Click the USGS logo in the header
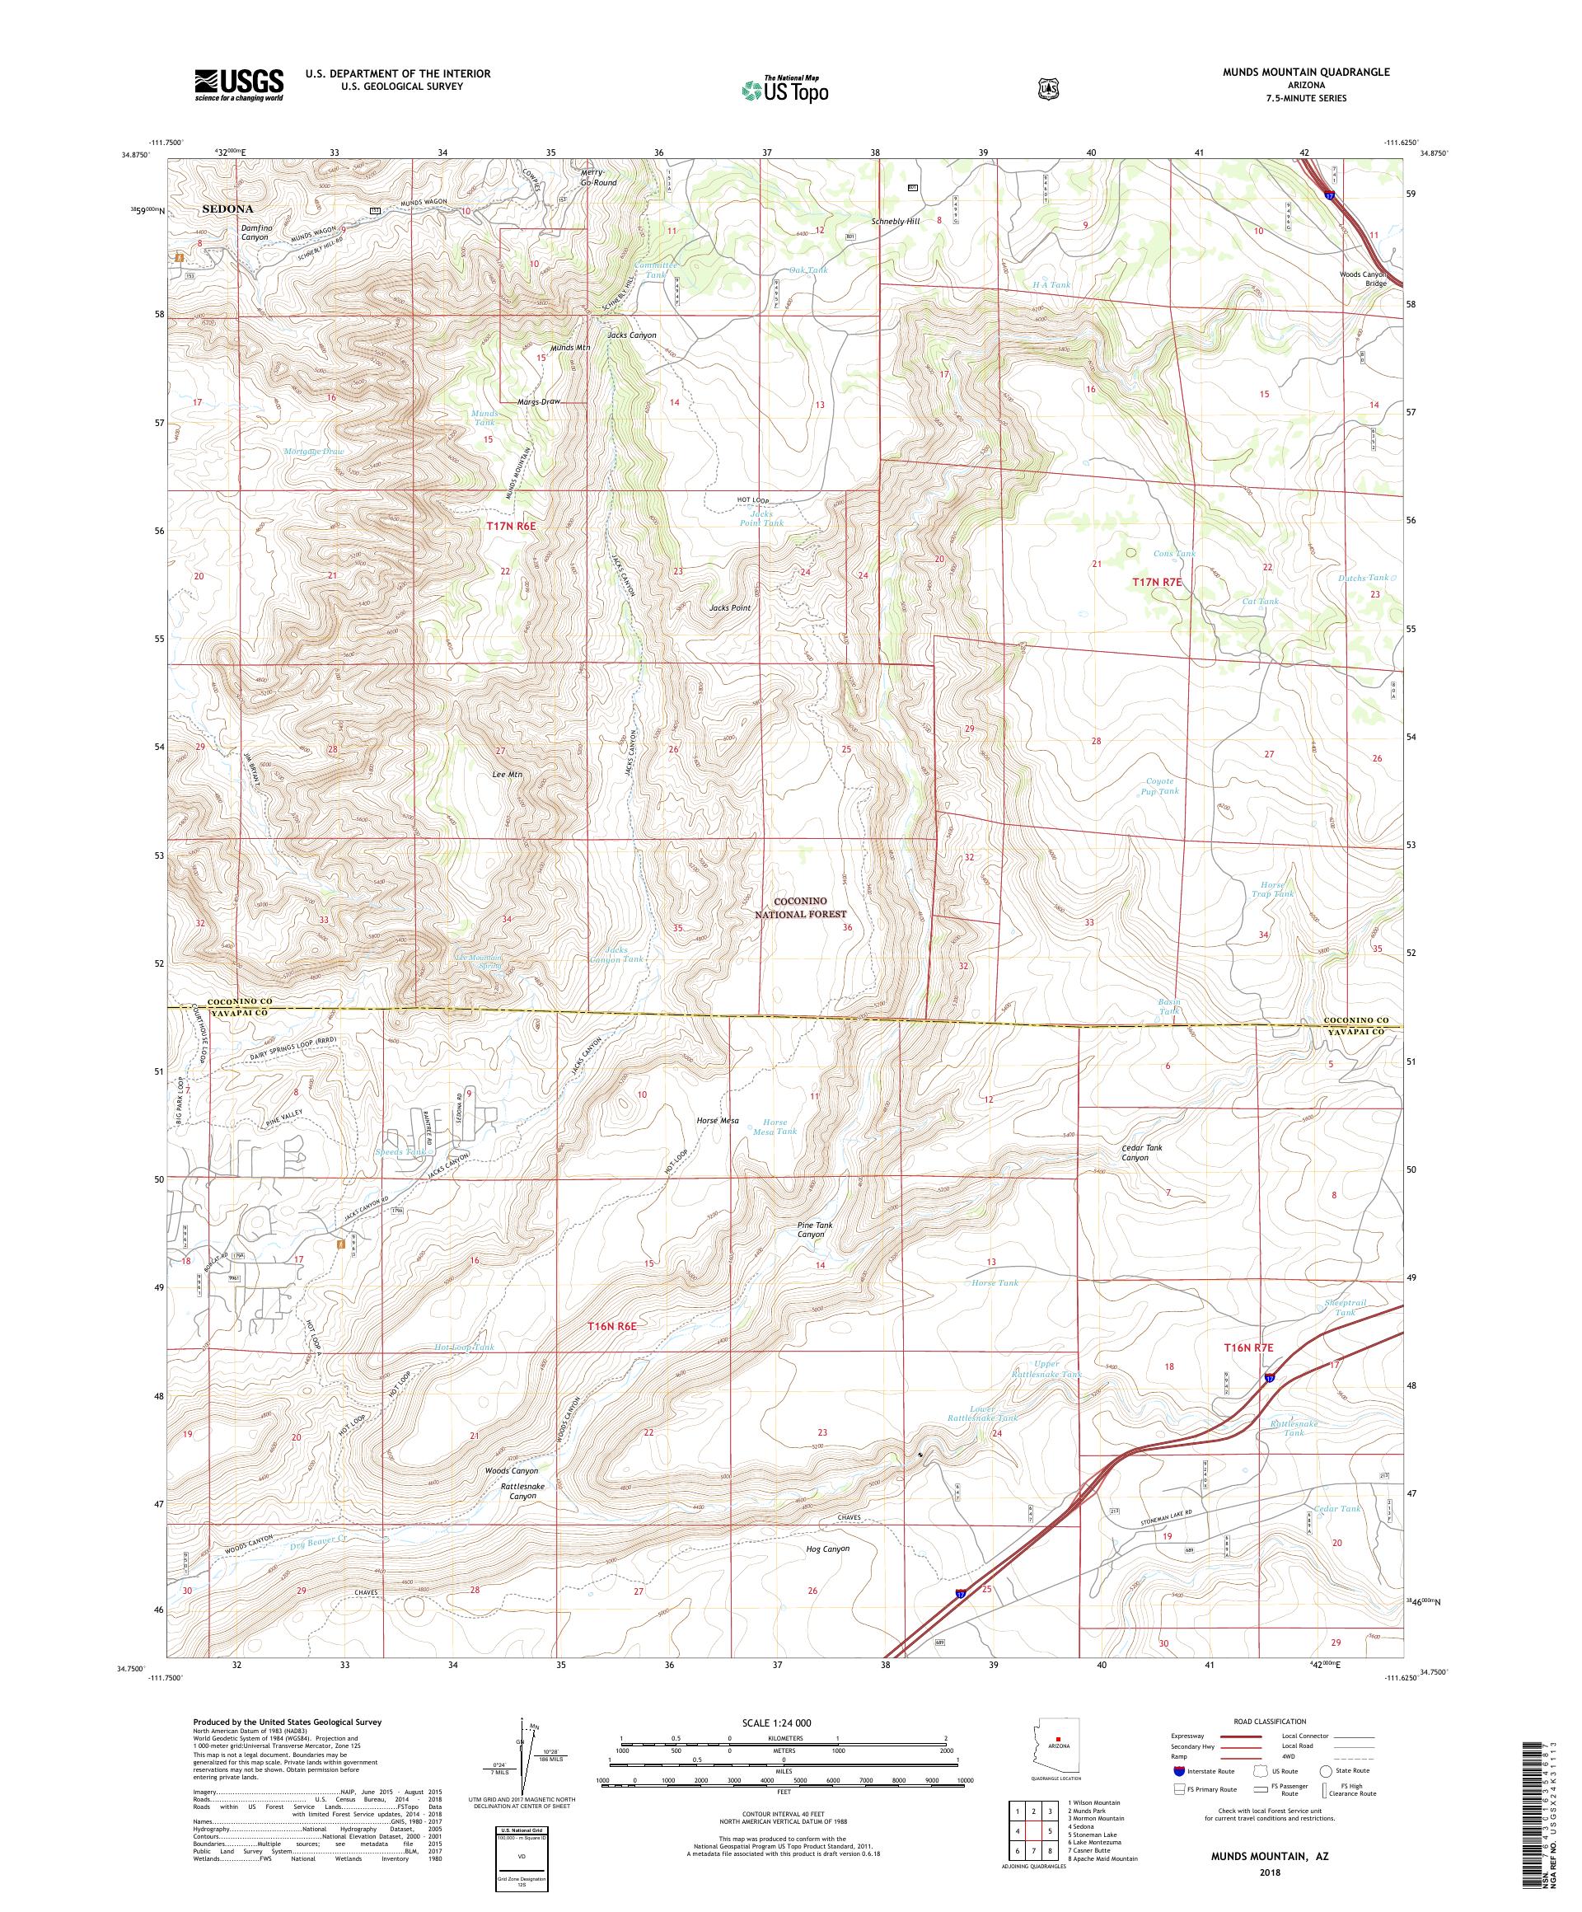coord(238,85)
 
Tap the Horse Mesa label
coord(716,1121)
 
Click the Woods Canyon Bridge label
coord(1362,279)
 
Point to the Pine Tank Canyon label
coord(815,1230)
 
